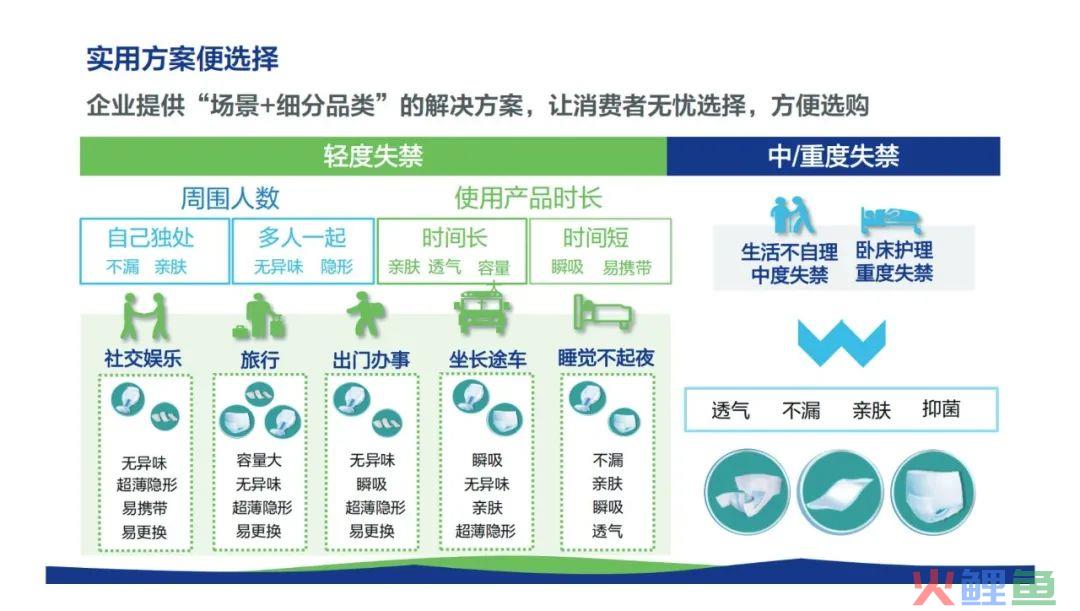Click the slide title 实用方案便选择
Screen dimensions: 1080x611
pyautogui.click(x=183, y=59)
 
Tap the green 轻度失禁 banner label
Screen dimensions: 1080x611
pyautogui.click(x=373, y=156)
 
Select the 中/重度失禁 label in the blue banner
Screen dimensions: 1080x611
pyautogui.click(x=833, y=156)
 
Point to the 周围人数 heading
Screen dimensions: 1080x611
pyautogui.click(x=230, y=198)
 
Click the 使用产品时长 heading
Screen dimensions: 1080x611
pyautogui.click(x=528, y=198)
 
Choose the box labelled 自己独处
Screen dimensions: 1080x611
pyautogui.click(x=154, y=251)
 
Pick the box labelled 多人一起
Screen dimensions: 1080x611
pyautogui.click(x=303, y=251)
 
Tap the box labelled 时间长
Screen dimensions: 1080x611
pyautogui.click(x=452, y=251)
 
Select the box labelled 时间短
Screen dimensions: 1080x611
pyautogui.click(x=600, y=251)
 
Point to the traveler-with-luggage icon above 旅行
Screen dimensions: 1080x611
pyautogui.click(x=258, y=316)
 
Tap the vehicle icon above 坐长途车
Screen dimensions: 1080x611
pyautogui.click(x=482, y=312)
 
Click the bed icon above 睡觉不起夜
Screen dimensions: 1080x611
pyautogui.click(x=603, y=313)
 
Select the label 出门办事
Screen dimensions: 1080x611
pyautogui.click(x=371, y=360)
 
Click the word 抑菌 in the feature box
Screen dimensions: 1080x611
pyautogui.click(x=941, y=409)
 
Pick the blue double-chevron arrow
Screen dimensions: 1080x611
pyautogui.click(x=841, y=342)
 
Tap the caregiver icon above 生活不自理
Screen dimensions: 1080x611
pyautogui.click(x=792, y=216)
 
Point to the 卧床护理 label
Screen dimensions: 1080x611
pyautogui.click(x=894, y=250)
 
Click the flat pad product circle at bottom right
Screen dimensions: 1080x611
pyautogui.click(x=840, y=492)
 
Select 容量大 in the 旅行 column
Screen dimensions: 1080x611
pyautogui.click(x=259, y=460)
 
